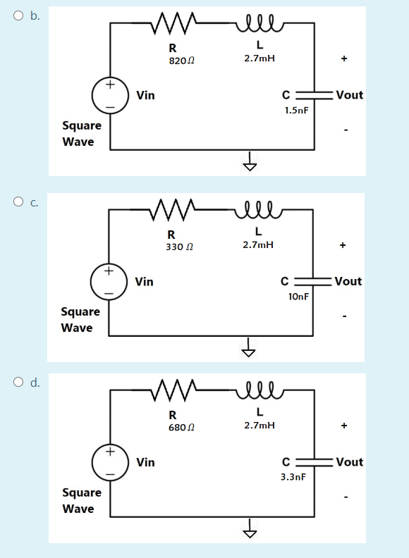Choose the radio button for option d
pyautogui.click(x=17, y=383)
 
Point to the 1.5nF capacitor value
pyautogui.click(x=296, y=111)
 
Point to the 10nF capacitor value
pyautogui.click(x=298, y=297)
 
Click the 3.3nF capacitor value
pyautogui.click(x=293, y=477)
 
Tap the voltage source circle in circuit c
pyautogui.click(x=109, y=281)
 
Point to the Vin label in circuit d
pyautogui.click(x=146, y=462)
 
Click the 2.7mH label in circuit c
pyautogui.click(x=259, y=244)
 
